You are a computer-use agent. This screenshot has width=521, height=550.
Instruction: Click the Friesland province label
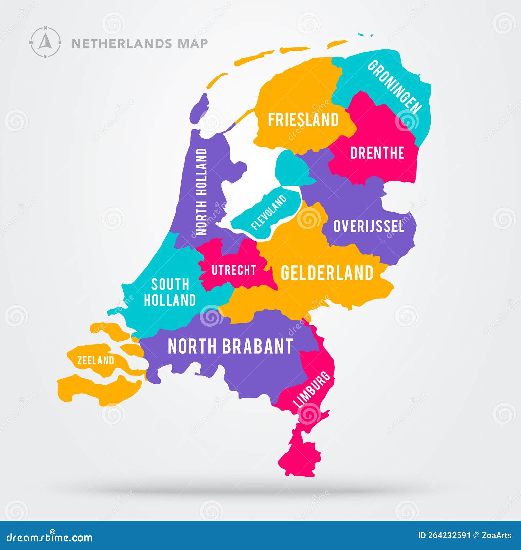303,120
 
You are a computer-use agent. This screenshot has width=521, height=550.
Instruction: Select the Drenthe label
377,153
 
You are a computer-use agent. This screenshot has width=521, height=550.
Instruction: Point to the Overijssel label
369,226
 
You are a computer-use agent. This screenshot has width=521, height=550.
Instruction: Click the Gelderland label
327,273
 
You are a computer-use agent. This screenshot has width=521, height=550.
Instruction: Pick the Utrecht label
233,270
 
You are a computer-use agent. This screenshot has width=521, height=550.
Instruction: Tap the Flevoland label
269,212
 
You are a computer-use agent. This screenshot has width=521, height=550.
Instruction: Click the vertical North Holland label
202,192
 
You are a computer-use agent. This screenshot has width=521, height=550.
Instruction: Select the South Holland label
170,292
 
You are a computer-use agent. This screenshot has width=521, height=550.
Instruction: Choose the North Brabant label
230,346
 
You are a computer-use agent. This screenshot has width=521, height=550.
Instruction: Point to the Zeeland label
96,360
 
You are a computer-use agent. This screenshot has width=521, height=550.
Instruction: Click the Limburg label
312,390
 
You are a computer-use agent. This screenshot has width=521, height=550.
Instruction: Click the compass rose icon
45,42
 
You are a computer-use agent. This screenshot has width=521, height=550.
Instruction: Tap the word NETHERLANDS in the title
121,43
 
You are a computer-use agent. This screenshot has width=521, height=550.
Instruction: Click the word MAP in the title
193,43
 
